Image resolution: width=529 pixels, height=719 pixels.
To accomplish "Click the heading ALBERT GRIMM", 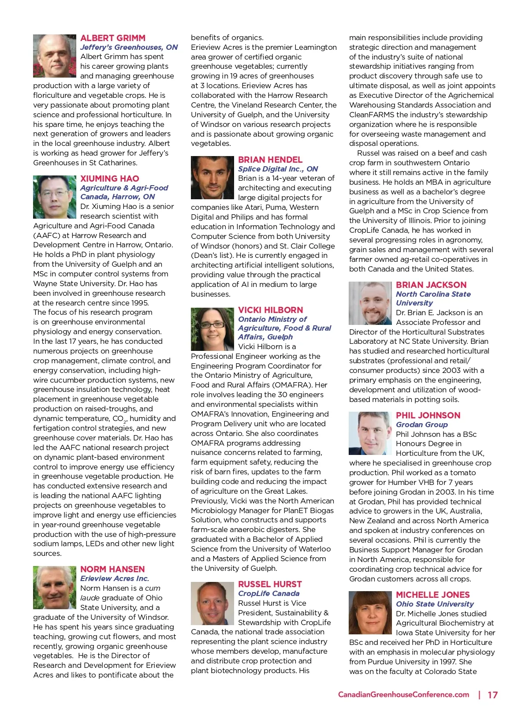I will coord(112,38).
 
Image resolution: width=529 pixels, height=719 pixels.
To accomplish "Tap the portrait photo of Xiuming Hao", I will coord(55,197).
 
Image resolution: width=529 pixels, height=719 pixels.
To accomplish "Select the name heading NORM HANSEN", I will coord(112,569).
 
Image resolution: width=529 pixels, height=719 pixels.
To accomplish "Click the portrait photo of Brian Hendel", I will coord(212,178).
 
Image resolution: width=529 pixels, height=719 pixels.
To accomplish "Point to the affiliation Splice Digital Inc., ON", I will coord(278,169).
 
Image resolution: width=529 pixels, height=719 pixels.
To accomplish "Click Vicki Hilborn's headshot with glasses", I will coord(212,329).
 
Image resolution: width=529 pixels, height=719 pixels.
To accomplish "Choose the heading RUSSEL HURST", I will coord(270,584).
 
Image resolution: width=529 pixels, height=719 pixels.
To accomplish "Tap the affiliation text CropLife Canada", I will coord(268,593).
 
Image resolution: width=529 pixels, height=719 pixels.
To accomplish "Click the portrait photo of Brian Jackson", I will coord(370,303).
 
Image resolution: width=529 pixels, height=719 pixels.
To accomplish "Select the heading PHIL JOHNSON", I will coord(428,415).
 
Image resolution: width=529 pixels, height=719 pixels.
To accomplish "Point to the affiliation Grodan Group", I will coord(421,425).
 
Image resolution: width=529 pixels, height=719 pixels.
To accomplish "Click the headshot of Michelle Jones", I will coord(370,613).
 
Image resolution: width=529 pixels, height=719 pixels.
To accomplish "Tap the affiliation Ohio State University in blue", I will coord(435,604).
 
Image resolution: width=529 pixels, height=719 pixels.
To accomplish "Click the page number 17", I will coord(492,695).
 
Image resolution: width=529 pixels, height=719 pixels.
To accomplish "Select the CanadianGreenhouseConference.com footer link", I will coord(403,695).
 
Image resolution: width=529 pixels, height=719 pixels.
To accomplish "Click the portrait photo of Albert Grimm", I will coord(55,56).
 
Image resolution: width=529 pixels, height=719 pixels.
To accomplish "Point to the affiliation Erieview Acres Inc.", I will coord(115,578).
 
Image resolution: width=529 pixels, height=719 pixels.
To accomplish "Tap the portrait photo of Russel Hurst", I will coord(212,603).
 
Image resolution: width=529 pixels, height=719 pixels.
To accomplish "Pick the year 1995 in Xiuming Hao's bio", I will coord(139,303).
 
